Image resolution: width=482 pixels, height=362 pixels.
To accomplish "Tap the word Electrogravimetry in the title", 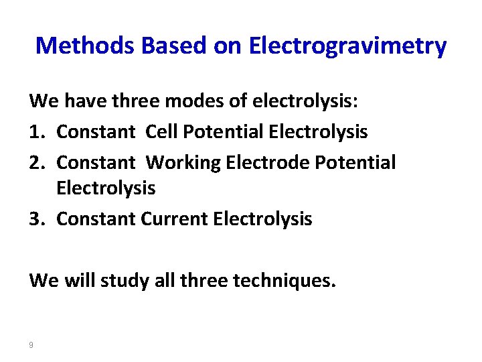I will tap(347, 46).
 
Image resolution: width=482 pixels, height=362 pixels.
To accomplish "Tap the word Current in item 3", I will tap(174, 219).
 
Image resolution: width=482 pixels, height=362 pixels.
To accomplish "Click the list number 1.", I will tap(37, 131).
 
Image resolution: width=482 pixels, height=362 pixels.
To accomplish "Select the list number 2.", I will tap(37, 162).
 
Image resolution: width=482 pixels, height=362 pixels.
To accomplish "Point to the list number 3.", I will tap(37, 219).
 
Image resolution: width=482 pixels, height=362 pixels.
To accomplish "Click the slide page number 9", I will tap(31, 345).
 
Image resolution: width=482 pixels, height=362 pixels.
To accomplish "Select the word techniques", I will tap(284, 280).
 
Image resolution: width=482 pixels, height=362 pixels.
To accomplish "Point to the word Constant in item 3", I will tap(97, 219).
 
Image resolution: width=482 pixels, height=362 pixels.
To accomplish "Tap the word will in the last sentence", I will tap(80, 280).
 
